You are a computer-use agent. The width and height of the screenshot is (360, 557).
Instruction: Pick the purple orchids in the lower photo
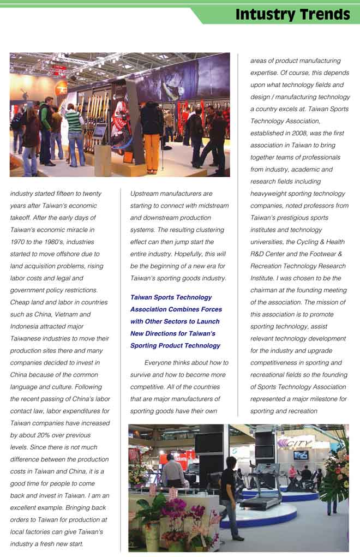coord(175,510)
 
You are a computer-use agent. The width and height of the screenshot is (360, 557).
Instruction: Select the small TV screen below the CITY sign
coord(301,455)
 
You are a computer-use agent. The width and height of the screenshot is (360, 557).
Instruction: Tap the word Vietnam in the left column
coord(63,315)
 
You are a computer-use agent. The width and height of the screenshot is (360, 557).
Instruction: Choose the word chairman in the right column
coord(265,290)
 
